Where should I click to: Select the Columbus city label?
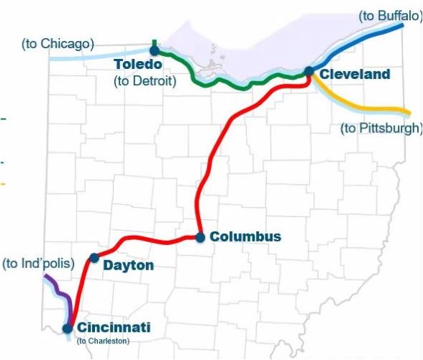pos(245,236)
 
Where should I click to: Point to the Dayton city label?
pos(129,266)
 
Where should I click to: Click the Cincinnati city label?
pos(114,328)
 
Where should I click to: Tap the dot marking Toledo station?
pos(153,50)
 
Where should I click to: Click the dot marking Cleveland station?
pos(309,70)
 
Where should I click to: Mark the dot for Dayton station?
pos(94,257)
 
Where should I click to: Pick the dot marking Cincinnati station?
pos(67,328)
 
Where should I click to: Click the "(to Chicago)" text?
pos(58,44)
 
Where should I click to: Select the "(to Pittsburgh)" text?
pos(381,129)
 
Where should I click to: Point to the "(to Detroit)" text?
pos(145,80)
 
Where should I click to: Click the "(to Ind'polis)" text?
pos(38,264)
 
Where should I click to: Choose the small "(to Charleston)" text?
pos(103,341)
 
